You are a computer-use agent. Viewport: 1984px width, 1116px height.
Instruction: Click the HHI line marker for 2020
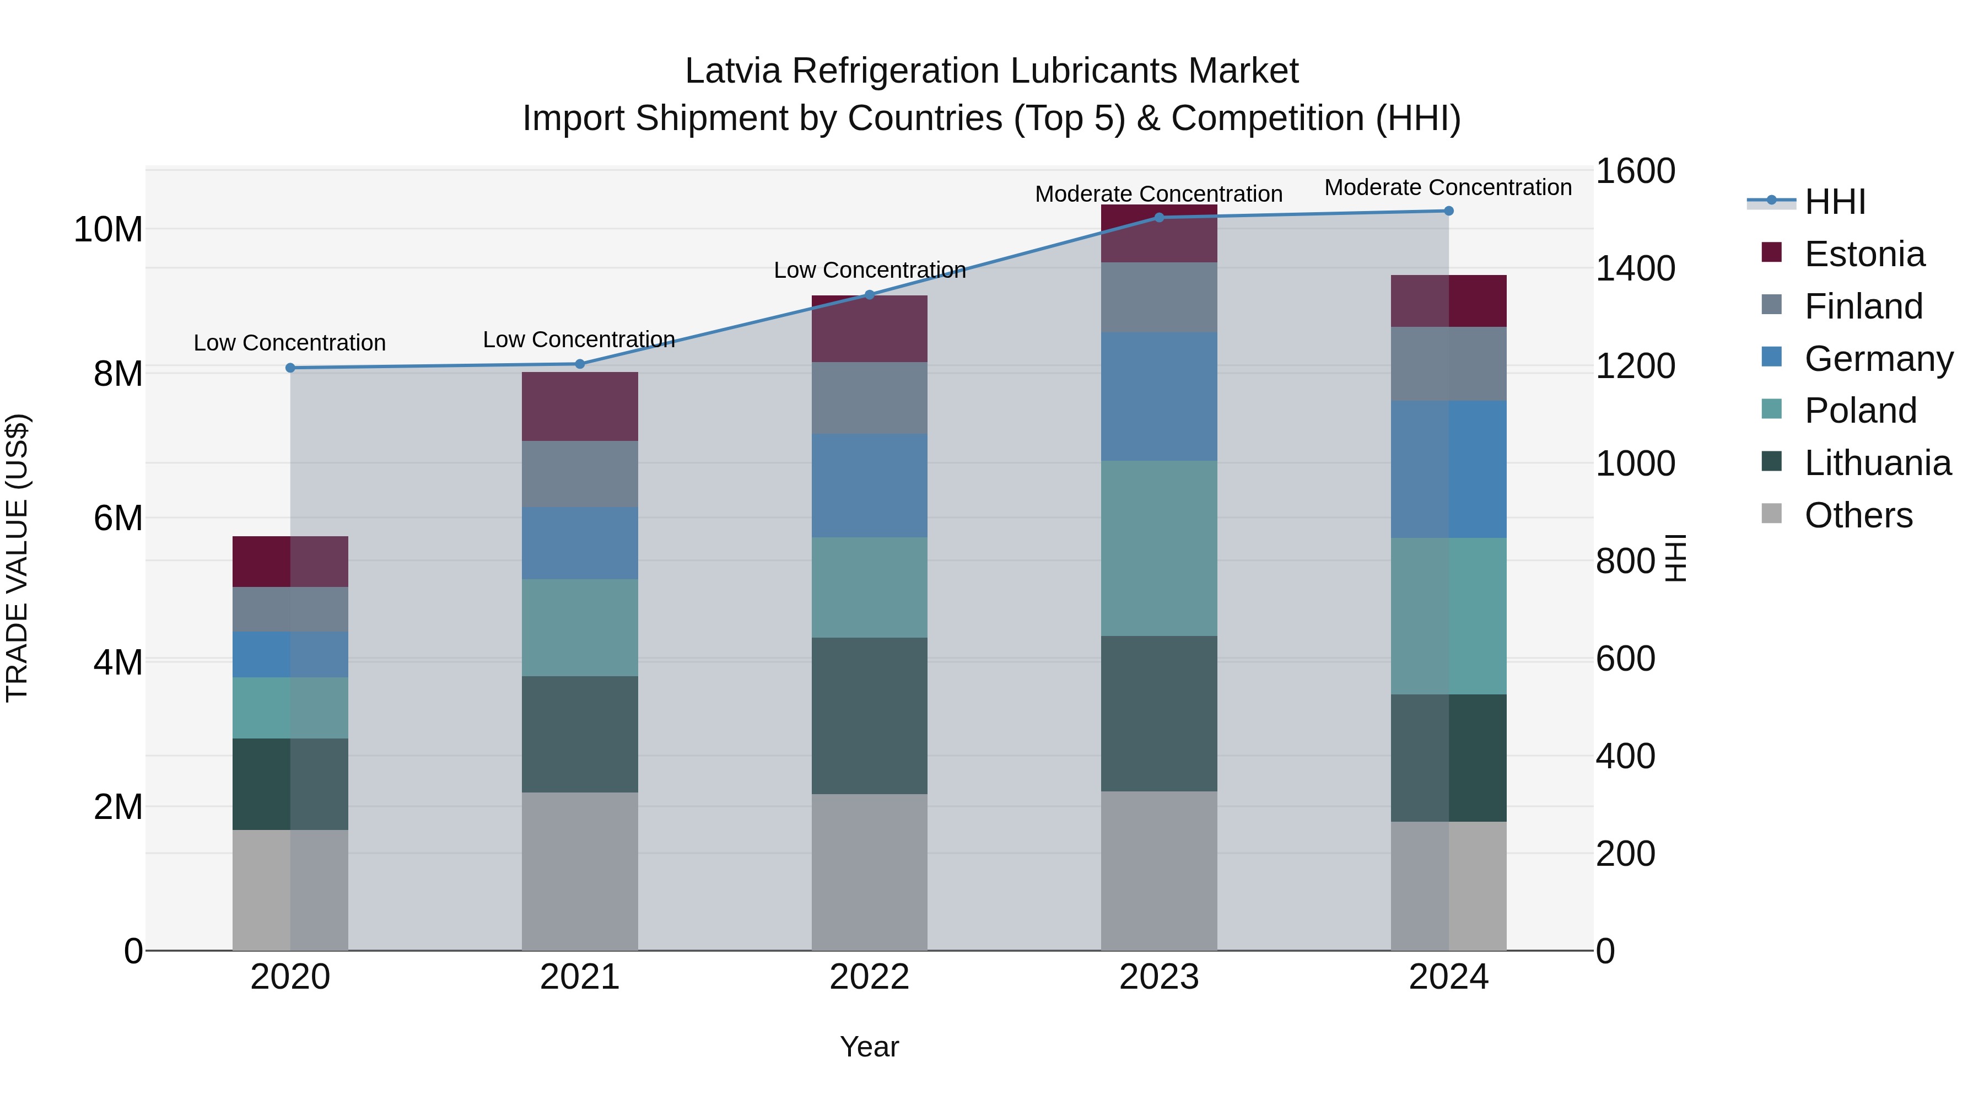pos(290,368)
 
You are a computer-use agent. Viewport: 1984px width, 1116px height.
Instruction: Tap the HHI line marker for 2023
pos(1159,218)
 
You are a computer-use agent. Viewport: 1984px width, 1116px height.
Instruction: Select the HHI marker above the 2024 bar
pos(1449,211)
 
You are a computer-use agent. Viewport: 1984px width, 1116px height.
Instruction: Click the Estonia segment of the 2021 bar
pos(580,407)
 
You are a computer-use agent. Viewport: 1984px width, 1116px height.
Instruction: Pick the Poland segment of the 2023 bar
pos(1159,548)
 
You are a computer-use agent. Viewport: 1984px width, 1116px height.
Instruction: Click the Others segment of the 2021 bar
pos(580,871)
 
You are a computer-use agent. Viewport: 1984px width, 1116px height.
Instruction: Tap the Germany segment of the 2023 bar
pos(1159,397)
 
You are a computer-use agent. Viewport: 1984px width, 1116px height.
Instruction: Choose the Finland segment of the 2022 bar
pos(870,398)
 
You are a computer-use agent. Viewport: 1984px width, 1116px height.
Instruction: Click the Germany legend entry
pos(1877,359)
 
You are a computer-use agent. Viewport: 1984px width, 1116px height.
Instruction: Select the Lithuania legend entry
pos(1877,463)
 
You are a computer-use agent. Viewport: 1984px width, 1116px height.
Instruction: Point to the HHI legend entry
pos(1835,202)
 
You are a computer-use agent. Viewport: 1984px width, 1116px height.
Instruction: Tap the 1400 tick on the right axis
pos(1635,269)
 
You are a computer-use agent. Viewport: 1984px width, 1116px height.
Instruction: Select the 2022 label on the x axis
pos(870,977)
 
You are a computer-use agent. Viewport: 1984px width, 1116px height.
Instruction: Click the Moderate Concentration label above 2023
pos(1158,194)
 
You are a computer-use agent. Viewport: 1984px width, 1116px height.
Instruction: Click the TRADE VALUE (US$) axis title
pos(17,558)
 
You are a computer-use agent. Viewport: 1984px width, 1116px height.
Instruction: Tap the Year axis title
pos(870,1047)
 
